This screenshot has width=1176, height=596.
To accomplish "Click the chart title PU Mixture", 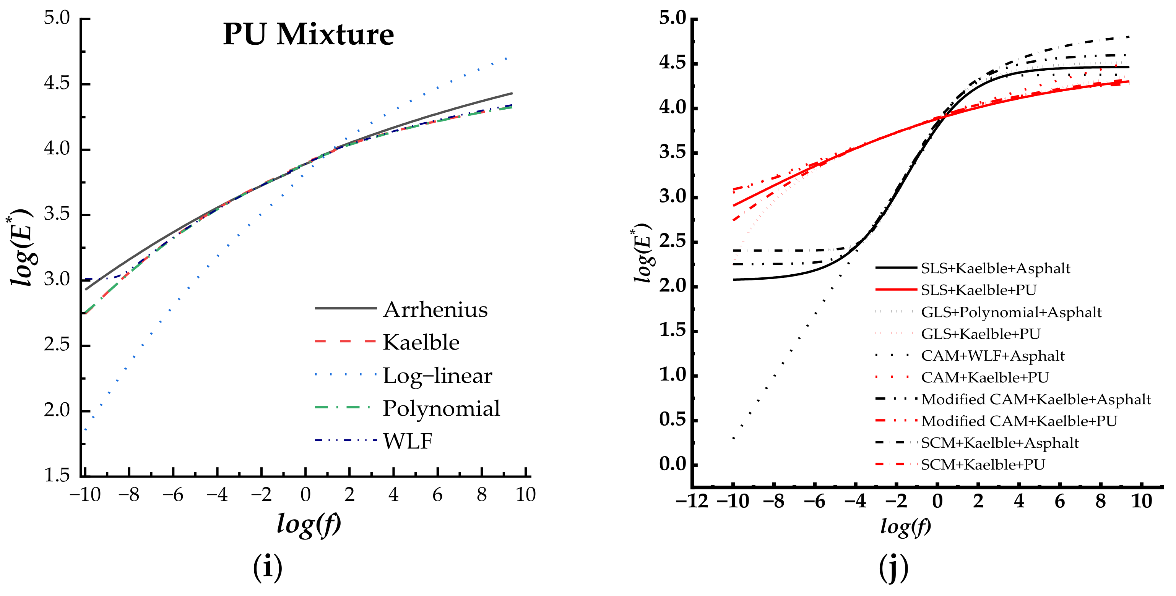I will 308,35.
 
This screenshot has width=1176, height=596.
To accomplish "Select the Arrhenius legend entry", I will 435,310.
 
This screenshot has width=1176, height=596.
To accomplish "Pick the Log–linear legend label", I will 437,376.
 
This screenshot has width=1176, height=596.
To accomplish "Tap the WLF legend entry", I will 407,441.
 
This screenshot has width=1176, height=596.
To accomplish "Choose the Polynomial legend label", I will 441,408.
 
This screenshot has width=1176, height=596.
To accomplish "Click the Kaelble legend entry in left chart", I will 421,343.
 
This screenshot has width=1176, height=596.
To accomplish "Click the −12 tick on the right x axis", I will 692,502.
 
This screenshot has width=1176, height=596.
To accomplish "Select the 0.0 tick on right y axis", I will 672,464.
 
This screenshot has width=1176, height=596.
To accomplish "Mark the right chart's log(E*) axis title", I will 642,254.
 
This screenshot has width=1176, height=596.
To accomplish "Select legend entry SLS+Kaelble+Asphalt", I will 995,268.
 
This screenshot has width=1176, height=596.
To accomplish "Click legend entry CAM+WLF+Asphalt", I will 992,356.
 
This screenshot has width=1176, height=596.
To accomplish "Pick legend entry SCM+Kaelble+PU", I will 983,465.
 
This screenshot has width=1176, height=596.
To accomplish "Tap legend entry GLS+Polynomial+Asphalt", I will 1011,313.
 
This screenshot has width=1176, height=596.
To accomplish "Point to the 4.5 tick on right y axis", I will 672,63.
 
